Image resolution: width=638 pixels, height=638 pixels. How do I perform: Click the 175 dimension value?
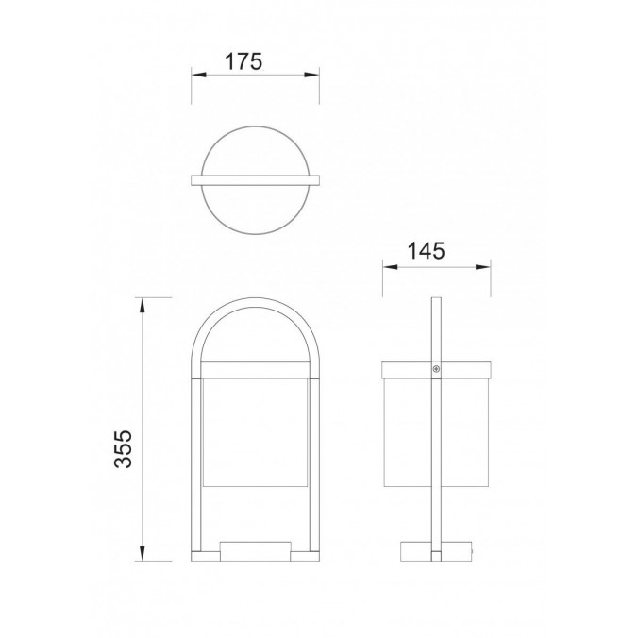(x=243, y=62)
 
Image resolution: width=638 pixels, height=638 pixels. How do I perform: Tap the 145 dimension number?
(x=426, y=251)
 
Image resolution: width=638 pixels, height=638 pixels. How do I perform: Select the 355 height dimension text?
(x=124, y=449)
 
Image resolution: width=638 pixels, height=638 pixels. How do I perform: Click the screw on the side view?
(x=436, y=369)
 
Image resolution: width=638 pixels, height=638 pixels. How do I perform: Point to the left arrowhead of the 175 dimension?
(x=199, y=75)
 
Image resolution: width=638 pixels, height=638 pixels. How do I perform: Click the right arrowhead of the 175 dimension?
(x=311, y=75)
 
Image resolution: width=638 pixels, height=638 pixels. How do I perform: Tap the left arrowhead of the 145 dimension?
(x=390, y=267)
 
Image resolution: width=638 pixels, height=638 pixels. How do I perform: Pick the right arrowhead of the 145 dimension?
(x=483, y=267)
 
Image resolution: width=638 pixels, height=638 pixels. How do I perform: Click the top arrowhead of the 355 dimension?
(x=142, y=305)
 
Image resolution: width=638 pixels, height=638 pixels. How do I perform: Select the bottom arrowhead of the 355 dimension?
(x=142, y=553)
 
